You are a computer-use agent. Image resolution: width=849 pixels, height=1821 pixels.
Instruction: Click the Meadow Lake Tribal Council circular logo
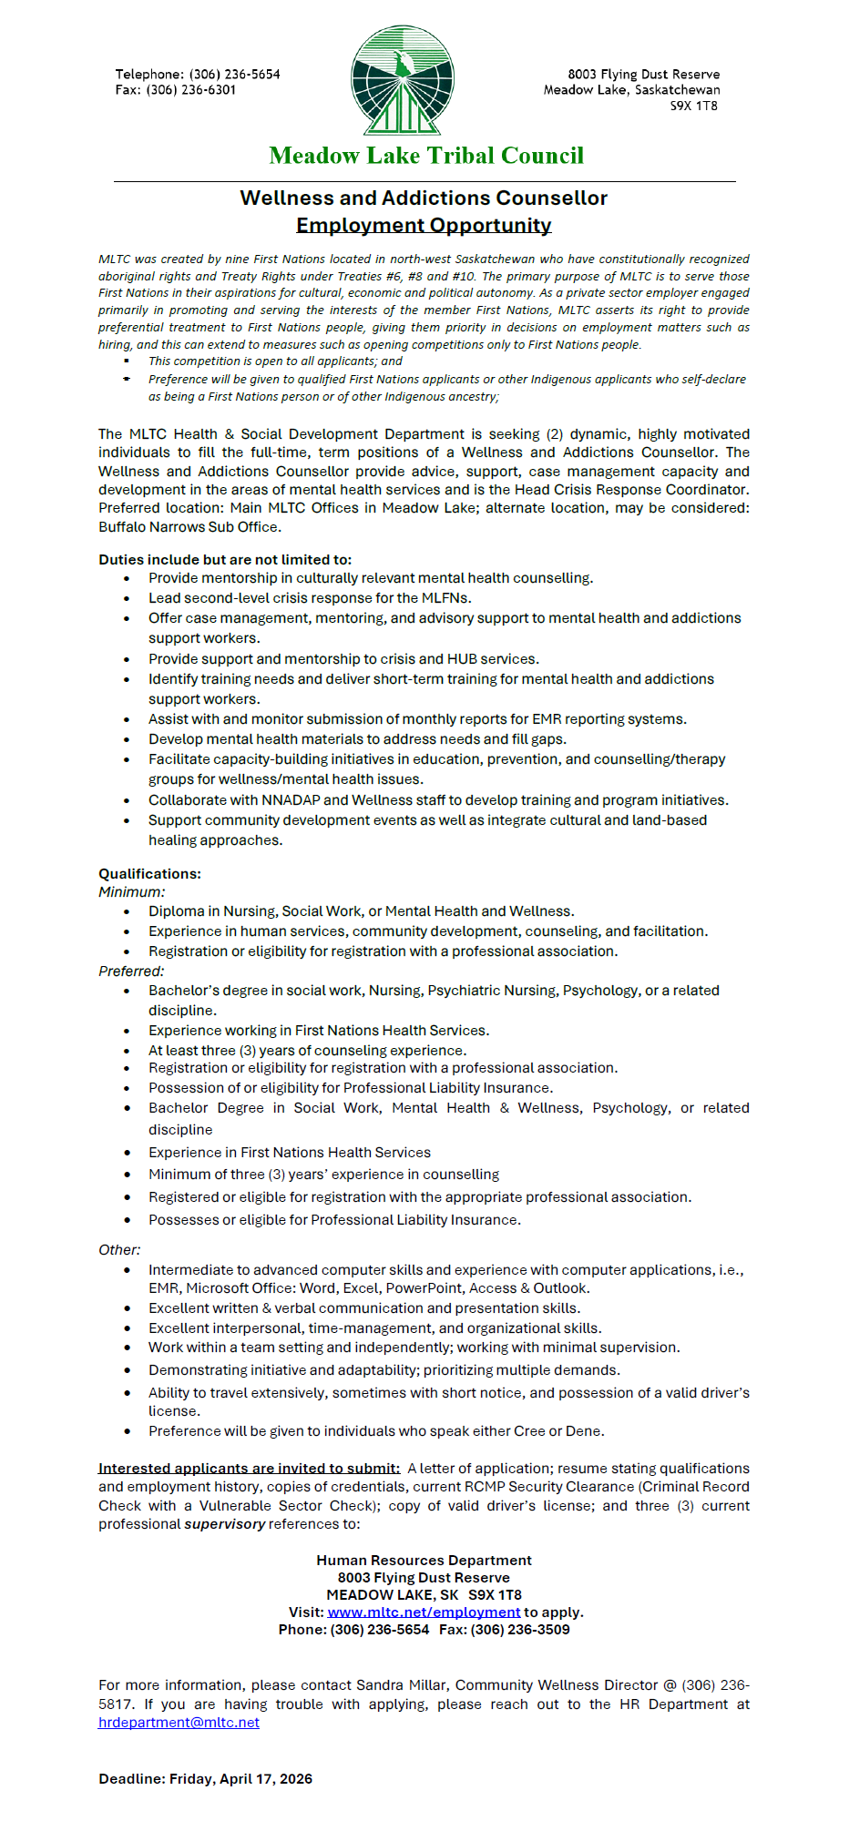click(x=402, y=80)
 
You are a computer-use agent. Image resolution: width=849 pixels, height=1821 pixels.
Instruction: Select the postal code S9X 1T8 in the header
click(x=694, y=106)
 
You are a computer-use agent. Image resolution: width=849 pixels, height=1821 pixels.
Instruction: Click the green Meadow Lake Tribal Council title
click(x=426, y=156)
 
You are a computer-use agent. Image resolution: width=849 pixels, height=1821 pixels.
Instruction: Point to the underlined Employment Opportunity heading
click(x=424, y=225)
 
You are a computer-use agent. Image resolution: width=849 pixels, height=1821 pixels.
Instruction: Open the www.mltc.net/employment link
click(x=424, y=1612)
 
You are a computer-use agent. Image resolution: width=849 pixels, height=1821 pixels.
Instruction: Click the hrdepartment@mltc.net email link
click(x=179, y=1723)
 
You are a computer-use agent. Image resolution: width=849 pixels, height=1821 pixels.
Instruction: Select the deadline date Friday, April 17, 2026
click(x=240, y=1779)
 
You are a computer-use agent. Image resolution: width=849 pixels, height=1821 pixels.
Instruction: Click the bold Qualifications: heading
click(x=149, y=874)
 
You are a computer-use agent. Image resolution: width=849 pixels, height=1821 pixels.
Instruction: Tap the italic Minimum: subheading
click(x=131, y=892)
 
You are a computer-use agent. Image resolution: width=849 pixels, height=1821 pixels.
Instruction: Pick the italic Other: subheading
click(x=119, y=1250)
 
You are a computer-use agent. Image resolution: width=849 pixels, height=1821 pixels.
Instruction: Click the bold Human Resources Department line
click(x=424, y=1561)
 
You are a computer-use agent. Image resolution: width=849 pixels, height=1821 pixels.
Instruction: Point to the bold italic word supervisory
click(x=225, y=1524)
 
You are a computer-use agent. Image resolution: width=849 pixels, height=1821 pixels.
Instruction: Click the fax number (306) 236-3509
click(x=520, y=1630)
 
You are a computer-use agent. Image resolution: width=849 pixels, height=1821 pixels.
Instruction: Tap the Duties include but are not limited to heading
click(x=224, y=560)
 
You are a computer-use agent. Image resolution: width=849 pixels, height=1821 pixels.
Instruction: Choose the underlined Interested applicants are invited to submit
click(x=249, y=1469)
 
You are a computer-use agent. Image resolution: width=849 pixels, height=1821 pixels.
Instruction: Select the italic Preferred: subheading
click(x=131, y=972)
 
